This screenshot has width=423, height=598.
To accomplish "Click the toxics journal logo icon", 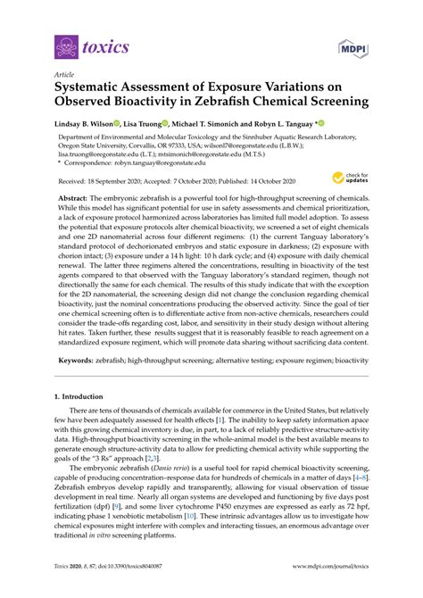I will (x=64, y=45).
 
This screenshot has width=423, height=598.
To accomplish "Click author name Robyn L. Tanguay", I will (x=313, y=122).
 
